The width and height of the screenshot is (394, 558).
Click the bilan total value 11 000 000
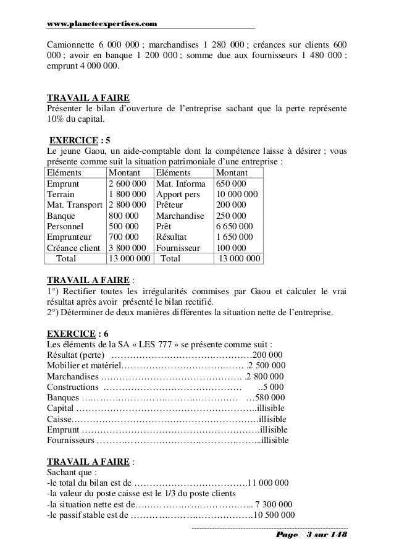[x=270, y=483]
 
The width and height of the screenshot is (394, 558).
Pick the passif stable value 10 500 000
[x=274, y=515]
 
